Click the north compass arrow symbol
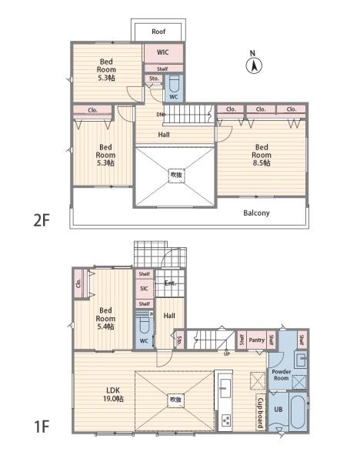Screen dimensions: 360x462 point(254,65)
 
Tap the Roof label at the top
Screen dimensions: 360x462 point(158,32)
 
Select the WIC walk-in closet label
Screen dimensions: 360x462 point(162,52)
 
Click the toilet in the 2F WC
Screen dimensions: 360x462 point(174,84)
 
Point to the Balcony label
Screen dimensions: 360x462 point(256,213)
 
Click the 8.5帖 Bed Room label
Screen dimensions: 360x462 point(262,155)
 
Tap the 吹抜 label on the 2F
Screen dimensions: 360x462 point(176,175)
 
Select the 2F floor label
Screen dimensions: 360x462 point(42,220)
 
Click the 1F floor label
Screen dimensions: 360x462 point(42,427)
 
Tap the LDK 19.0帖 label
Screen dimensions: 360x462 point(113,394)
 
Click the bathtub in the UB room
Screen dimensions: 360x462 point(298,412)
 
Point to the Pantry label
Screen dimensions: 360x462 point(257,340)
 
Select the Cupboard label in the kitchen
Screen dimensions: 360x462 point(260,413)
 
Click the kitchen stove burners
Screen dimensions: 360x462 point(226,420)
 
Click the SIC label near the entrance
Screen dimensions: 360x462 point(144,289)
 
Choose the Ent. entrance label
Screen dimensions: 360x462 point(170,283)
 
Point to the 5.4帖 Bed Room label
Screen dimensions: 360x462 point(105,319)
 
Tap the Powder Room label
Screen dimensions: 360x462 point(282,375)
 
